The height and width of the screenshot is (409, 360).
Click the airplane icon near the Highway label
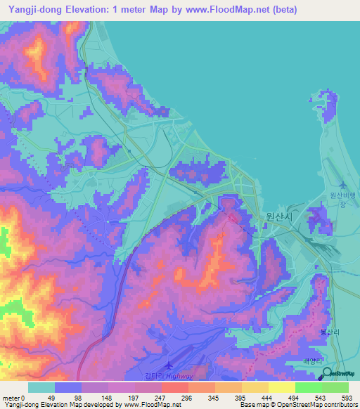point(168,365)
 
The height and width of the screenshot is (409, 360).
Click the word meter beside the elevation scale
point(11,398)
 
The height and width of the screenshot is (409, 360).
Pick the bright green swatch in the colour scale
point(308,387)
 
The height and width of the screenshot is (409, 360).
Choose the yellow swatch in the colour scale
point(281,387)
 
